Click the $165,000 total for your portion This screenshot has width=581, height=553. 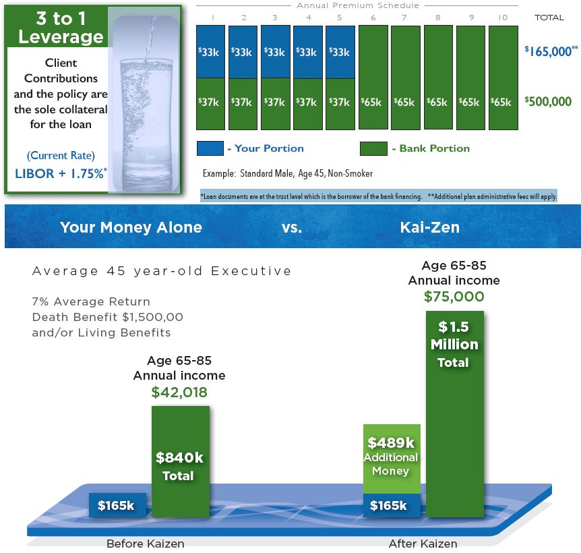551,51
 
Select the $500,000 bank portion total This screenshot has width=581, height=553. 548,101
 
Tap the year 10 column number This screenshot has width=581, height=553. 503,18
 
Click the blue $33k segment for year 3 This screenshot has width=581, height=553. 275,51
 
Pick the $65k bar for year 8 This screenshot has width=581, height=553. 438,77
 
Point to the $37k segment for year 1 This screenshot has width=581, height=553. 210,104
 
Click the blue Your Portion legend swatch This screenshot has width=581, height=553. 210,148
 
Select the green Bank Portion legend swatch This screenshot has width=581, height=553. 373,148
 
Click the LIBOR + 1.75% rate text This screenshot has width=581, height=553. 61,173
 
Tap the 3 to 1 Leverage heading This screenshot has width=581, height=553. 61,28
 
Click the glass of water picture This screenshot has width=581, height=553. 144,100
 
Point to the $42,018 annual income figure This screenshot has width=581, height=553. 179,392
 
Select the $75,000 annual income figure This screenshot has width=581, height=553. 454,297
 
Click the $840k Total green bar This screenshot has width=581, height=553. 181,461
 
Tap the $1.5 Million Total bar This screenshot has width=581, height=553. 455,414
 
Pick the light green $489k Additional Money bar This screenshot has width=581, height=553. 392,459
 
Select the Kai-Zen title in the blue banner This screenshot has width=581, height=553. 430,227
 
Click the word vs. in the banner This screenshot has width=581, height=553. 292,227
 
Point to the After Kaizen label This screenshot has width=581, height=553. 423,544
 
